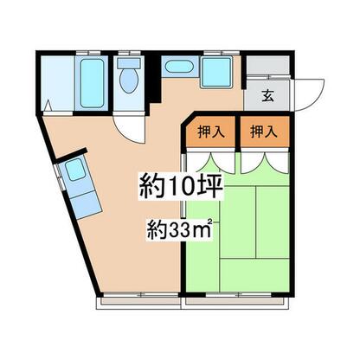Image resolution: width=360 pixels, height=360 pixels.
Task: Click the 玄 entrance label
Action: (267, 95)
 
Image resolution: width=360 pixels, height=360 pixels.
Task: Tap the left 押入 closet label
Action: (211, 132)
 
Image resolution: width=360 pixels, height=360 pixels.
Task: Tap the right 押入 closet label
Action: (264, 132)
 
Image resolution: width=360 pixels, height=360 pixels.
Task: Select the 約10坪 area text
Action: (181, 186)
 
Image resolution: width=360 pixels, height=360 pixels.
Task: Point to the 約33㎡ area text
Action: (180, 228)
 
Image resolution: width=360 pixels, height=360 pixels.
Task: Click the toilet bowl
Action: (129, 80)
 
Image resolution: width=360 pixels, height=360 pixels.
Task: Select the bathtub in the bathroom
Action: (92, 83)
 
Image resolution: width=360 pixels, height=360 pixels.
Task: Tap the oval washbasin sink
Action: (179, 67)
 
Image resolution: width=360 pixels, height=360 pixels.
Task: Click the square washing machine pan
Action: (217, 72)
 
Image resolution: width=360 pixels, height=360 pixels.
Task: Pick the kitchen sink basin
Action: (75, 170)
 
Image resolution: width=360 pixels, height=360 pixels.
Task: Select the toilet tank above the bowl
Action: (129, 63)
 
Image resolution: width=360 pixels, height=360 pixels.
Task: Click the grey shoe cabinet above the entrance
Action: (267, 65)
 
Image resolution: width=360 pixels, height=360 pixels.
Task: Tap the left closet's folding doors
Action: (211, 163)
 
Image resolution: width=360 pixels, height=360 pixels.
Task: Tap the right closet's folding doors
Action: (265, 163)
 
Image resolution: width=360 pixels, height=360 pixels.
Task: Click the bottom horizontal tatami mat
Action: (254, 275)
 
